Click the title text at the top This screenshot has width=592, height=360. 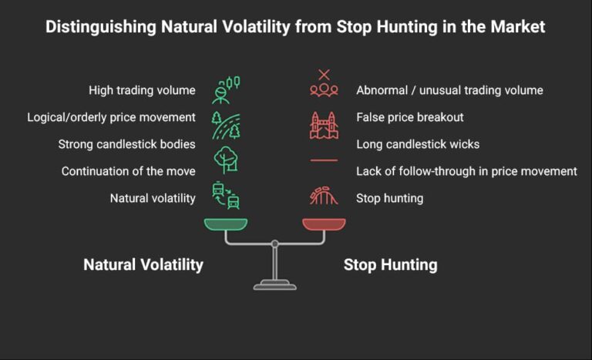click(x=295, y=27)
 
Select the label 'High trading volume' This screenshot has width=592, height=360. click(x=142, y=90)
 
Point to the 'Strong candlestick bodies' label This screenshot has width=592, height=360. click(x=126, y=144)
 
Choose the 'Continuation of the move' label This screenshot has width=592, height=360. click(x=129, y=171)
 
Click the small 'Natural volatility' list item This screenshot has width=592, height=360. click(x=153, y=198)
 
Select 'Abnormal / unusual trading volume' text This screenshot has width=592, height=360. click(x=449, y=90)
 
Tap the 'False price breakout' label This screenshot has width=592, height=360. click(x=409, y=117)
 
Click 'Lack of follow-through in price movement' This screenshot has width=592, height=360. click(x=466, y=171)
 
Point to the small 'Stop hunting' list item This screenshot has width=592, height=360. click(x=389, y=198)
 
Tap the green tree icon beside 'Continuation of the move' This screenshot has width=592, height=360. click(x=226, y=158)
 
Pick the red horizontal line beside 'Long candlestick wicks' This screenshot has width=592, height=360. click(x=324, y=160)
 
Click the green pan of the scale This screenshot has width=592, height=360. click(x=226, y=224)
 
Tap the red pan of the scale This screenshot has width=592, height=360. click(x=324, y=224)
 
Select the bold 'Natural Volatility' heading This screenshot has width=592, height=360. click(x=143, y=265)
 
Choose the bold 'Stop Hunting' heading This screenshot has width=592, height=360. click(x=390, y=265)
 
